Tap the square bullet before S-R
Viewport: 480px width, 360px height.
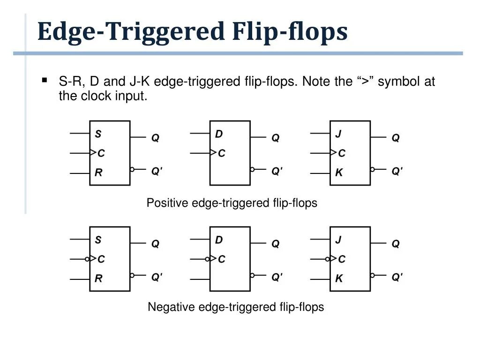[45, 80]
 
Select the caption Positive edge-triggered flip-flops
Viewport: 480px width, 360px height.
[232, 203]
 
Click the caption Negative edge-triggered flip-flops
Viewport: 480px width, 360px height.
[236, 307]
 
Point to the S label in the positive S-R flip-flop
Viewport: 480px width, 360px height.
[98, 134]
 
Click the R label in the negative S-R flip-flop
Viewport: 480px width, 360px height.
[98, 278]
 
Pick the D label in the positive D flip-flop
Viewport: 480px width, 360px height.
[219, 134]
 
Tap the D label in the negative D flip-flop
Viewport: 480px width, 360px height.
[219, 240]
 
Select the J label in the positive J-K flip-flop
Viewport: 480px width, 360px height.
[338, 134]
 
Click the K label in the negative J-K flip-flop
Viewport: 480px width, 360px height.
[339, 278]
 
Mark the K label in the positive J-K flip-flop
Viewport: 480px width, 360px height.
[339, 172]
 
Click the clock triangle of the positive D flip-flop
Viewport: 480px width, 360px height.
[213, 153]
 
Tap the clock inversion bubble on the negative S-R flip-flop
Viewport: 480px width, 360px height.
[87, 259]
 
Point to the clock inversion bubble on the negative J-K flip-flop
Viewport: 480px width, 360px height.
[328, 259]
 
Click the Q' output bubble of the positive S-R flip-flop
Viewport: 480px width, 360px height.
[132, 169]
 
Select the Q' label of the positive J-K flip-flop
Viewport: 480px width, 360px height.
[397, 172]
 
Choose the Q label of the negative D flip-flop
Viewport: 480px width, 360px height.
[276, 244]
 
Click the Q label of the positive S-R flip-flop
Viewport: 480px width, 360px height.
[155, 138]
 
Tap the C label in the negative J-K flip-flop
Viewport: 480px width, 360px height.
[342, 259]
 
